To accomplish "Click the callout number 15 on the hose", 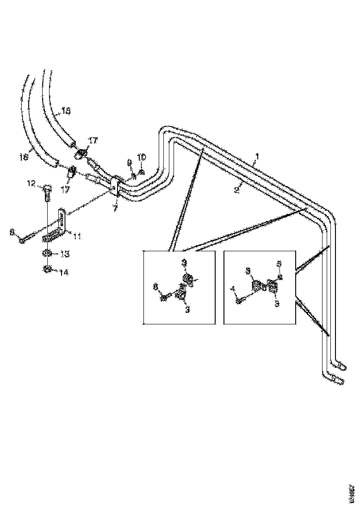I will pos(66,111).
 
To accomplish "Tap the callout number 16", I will pos(24,157).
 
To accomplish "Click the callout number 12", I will pos(31,184).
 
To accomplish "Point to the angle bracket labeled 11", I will pos(61,224).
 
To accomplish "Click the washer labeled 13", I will pos(47,253).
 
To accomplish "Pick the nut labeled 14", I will pos(47,269).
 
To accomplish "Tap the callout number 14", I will pos(63,273).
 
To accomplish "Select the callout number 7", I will pos(115,209).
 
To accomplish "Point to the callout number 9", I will pos(130,162).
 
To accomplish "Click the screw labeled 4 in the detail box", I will pos(238,301).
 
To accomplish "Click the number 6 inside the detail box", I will pos(155,287).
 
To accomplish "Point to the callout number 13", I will pos(65,254).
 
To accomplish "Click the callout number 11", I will pos(77,236).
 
